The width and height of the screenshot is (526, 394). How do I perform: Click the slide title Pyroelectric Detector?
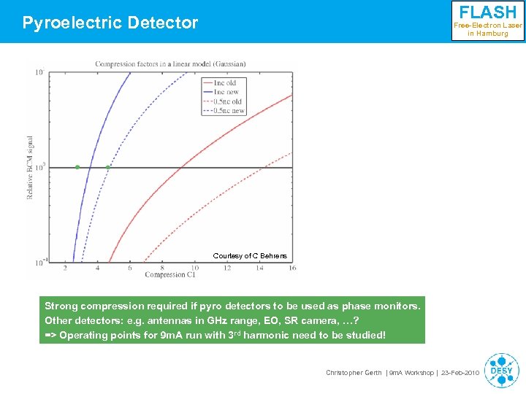110,23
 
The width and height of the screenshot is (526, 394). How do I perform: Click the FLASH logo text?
487,12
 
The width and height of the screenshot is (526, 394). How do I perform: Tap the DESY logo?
501,370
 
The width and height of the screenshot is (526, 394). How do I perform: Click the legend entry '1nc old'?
225,82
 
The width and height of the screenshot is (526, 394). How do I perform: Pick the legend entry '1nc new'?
226,92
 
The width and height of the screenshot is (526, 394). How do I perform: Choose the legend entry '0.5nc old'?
227,101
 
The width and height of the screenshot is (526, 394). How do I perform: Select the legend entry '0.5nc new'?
228,111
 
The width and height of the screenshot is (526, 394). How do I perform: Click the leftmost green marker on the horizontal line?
77,167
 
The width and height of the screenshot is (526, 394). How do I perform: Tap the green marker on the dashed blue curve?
108,167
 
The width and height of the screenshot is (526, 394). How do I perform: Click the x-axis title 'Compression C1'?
169,275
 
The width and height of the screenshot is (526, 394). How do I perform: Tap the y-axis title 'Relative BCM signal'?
31,168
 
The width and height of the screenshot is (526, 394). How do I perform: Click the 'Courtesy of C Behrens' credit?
250,256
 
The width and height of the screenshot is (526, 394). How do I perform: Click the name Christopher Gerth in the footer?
353,373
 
